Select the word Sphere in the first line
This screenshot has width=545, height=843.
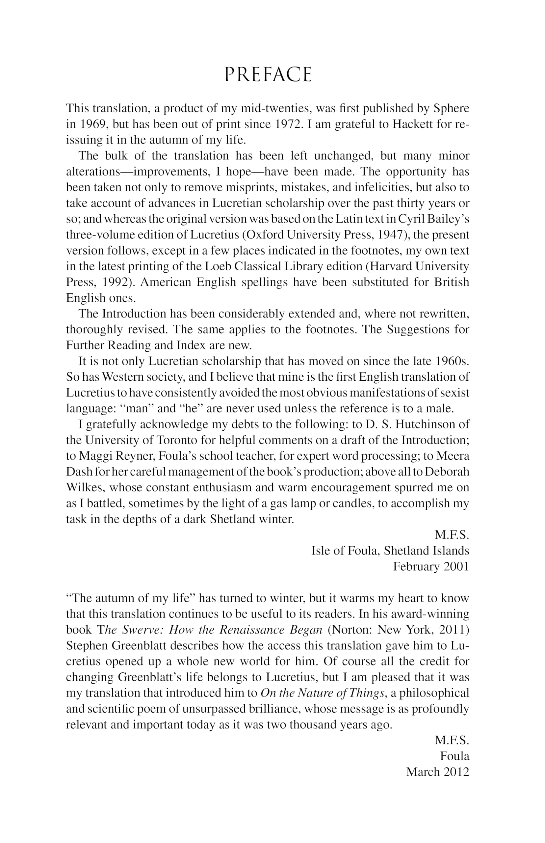451,108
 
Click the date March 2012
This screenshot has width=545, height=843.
437,772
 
